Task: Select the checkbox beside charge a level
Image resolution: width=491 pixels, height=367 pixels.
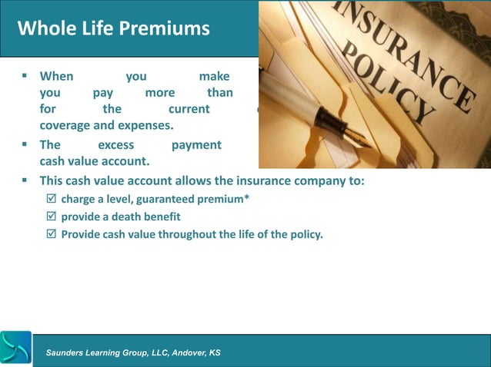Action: click(x=52, y=200)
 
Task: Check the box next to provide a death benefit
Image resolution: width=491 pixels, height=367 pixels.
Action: click(x=52, y=217)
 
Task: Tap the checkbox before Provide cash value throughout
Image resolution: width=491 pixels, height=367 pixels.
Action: click(x=52, y=234)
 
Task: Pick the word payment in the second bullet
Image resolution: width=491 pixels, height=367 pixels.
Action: click(x=196, y=144)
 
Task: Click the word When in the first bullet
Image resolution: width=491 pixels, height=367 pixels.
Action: click(x=56, y=76)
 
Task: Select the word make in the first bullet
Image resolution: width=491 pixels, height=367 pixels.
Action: click(x=214, y=76)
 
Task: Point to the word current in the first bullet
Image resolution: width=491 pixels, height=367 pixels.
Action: click(x=189, y=108)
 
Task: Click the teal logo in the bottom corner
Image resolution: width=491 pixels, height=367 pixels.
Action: click(x=16, y=348)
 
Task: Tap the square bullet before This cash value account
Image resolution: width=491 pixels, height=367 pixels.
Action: click(x=25, y=181)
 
